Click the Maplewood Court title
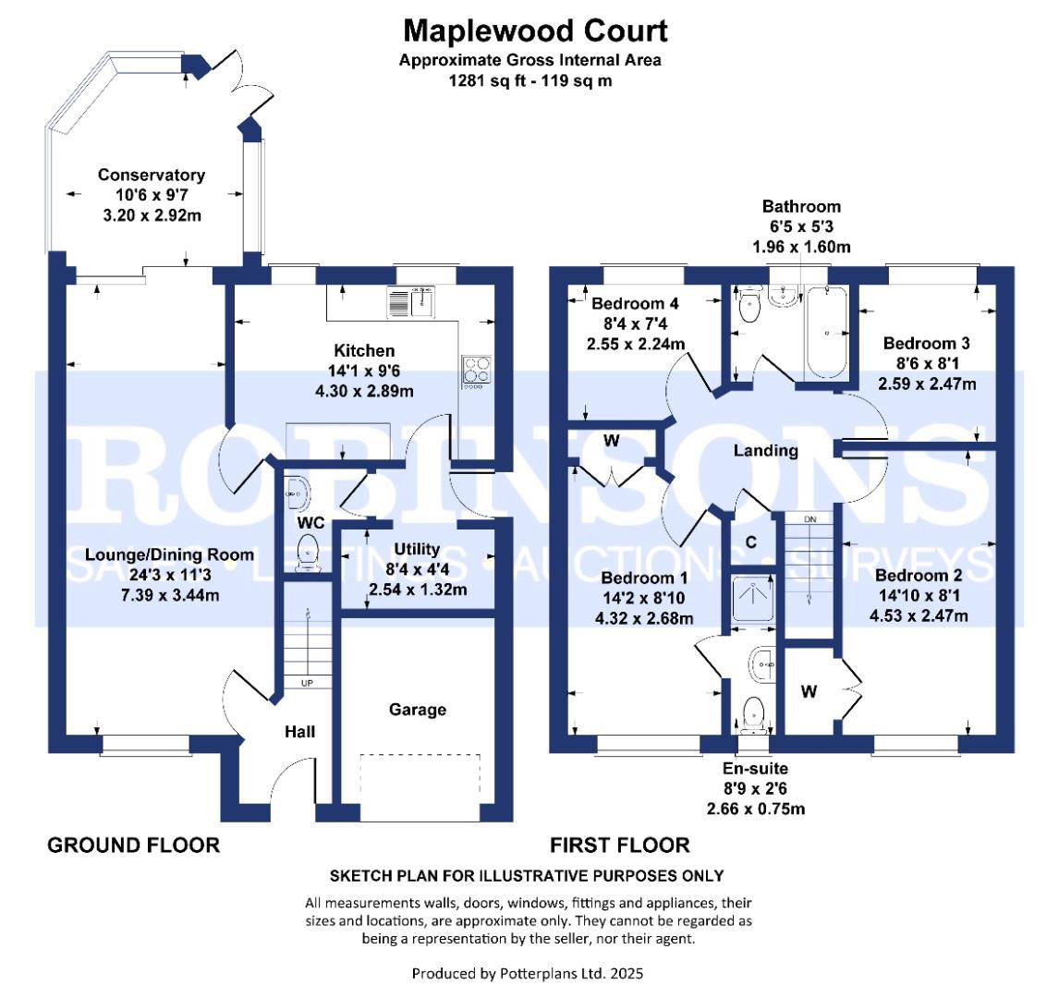point(535,30)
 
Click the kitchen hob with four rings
point(476,371)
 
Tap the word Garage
point(417,710)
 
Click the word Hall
point(299,732)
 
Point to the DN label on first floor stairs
point(810,520)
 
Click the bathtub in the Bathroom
point(825,333)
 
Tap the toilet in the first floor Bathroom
point(747,308)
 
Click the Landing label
point(765,451)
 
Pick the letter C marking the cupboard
point(751,542)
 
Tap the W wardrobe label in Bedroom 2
point(809,690)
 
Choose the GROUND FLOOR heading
point(134,845)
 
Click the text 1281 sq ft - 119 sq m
point(530,80)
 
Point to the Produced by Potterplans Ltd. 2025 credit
point(528,973)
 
